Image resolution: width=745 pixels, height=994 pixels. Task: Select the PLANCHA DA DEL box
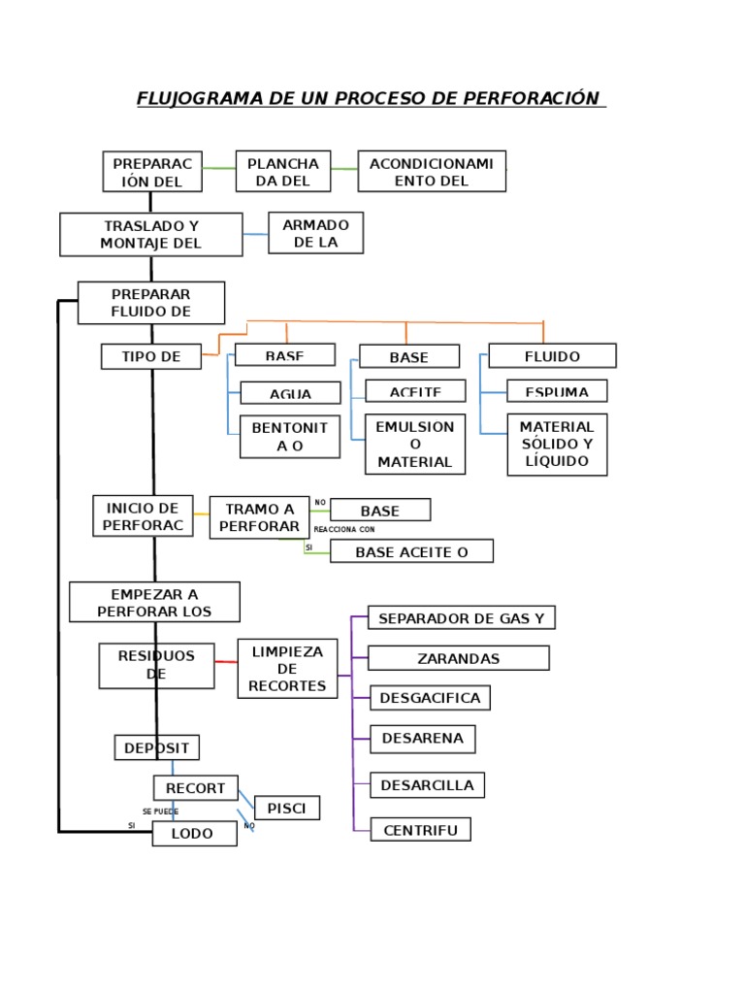tap(283, 172)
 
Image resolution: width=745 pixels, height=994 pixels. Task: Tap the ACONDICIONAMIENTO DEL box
tap(432, 172)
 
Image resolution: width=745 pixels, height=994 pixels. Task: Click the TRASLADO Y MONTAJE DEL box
tap(151, 235)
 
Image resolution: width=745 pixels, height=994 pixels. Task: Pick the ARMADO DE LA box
tap(316, 233)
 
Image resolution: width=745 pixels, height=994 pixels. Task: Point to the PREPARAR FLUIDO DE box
tap(151, 303)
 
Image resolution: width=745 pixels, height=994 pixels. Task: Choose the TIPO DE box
tap(151, 356)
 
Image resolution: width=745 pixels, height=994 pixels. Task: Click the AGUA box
tap(290, 393)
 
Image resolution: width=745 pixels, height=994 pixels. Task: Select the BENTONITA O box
tap(290, 437)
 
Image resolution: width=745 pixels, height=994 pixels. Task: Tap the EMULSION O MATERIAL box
tap(415, 445)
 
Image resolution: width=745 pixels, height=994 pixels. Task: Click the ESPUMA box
tap(557, 391)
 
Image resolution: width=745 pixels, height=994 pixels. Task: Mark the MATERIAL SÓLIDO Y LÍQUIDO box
tap(557, 445)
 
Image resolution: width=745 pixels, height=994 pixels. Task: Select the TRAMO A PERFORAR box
tap(259, 517)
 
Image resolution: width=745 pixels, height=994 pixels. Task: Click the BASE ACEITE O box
tap(411, 551)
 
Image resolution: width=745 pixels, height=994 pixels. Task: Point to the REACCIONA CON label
tap(343, 530)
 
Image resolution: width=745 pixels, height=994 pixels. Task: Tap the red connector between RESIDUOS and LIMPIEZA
tap(226, 662)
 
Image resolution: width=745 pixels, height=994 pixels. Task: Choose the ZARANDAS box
tap(459, 658)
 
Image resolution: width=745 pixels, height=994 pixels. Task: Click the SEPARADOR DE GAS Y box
tap(462, 618)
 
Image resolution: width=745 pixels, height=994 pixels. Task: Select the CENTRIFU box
tap(420, 830)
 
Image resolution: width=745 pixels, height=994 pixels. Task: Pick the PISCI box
tap(286, 808)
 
